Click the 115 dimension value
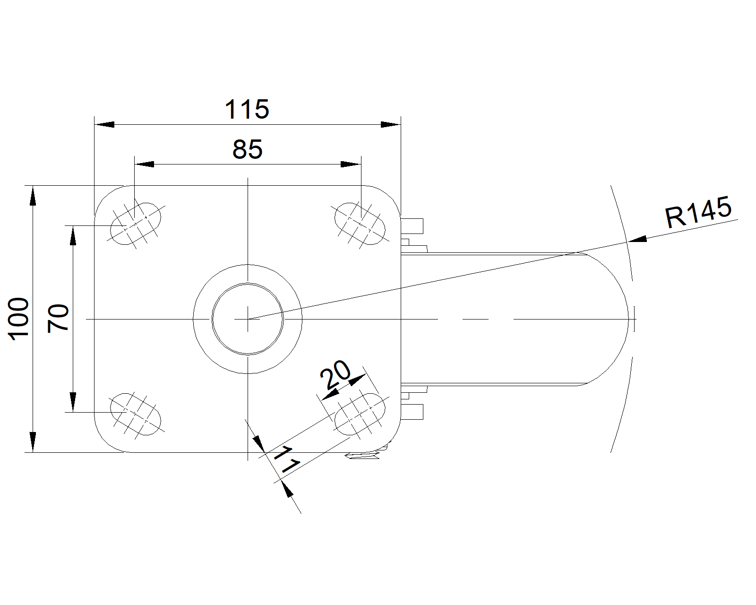247,109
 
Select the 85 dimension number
247,149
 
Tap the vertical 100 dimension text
18,319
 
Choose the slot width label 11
287,459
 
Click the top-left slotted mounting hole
136,224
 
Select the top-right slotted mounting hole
360,224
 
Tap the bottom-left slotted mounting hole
136,414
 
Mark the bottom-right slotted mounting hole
360,414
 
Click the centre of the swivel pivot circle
248,319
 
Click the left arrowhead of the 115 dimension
104,124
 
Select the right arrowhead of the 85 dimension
351,164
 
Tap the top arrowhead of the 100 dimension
33,196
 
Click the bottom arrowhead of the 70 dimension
73,402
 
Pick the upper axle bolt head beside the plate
412,226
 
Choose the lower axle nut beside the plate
412,412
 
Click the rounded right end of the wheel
628,319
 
